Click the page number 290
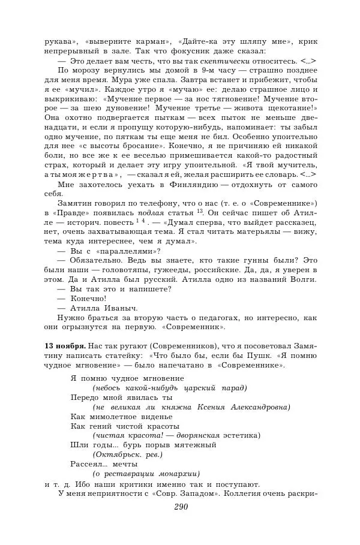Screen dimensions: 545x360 click(x=181, y=507)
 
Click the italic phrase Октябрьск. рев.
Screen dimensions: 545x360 click(x=123, y=454)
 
